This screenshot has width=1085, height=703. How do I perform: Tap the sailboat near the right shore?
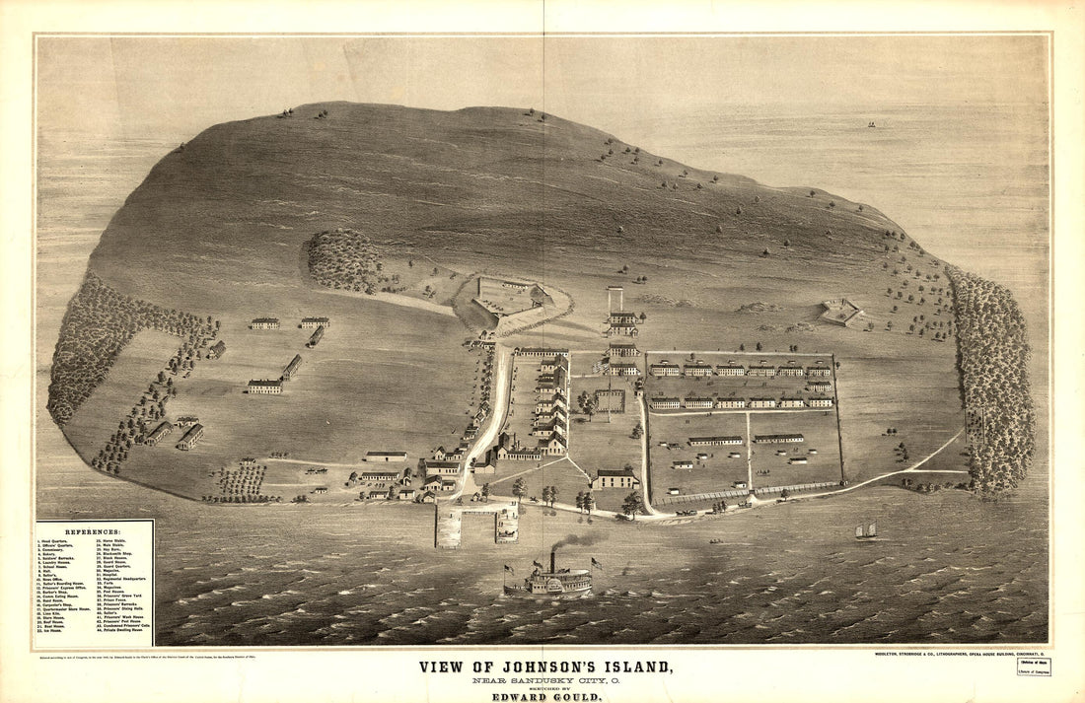pyautogui.click(x=866, y=531)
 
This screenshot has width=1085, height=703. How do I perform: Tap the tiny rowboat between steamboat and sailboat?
pyautogui.click(x=714, y=541)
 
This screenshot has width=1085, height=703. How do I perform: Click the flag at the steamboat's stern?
pyautogui.click(x=509, y=569)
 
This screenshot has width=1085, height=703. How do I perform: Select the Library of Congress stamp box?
pyautogui.click(x=1034, y=667)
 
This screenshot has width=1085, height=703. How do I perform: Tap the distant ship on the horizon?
pyautogui.click(x=871, y=124)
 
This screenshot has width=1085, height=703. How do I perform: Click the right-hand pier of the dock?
pyautogui.click(x=507, y=525)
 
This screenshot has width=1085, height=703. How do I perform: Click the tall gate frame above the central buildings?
pyautogui.click(x=615, y=298)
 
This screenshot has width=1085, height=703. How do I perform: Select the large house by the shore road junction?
pyautogui.click(x=615, y=479)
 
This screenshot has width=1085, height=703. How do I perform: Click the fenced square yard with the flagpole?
pyautogui.click(x=610, y=400)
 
